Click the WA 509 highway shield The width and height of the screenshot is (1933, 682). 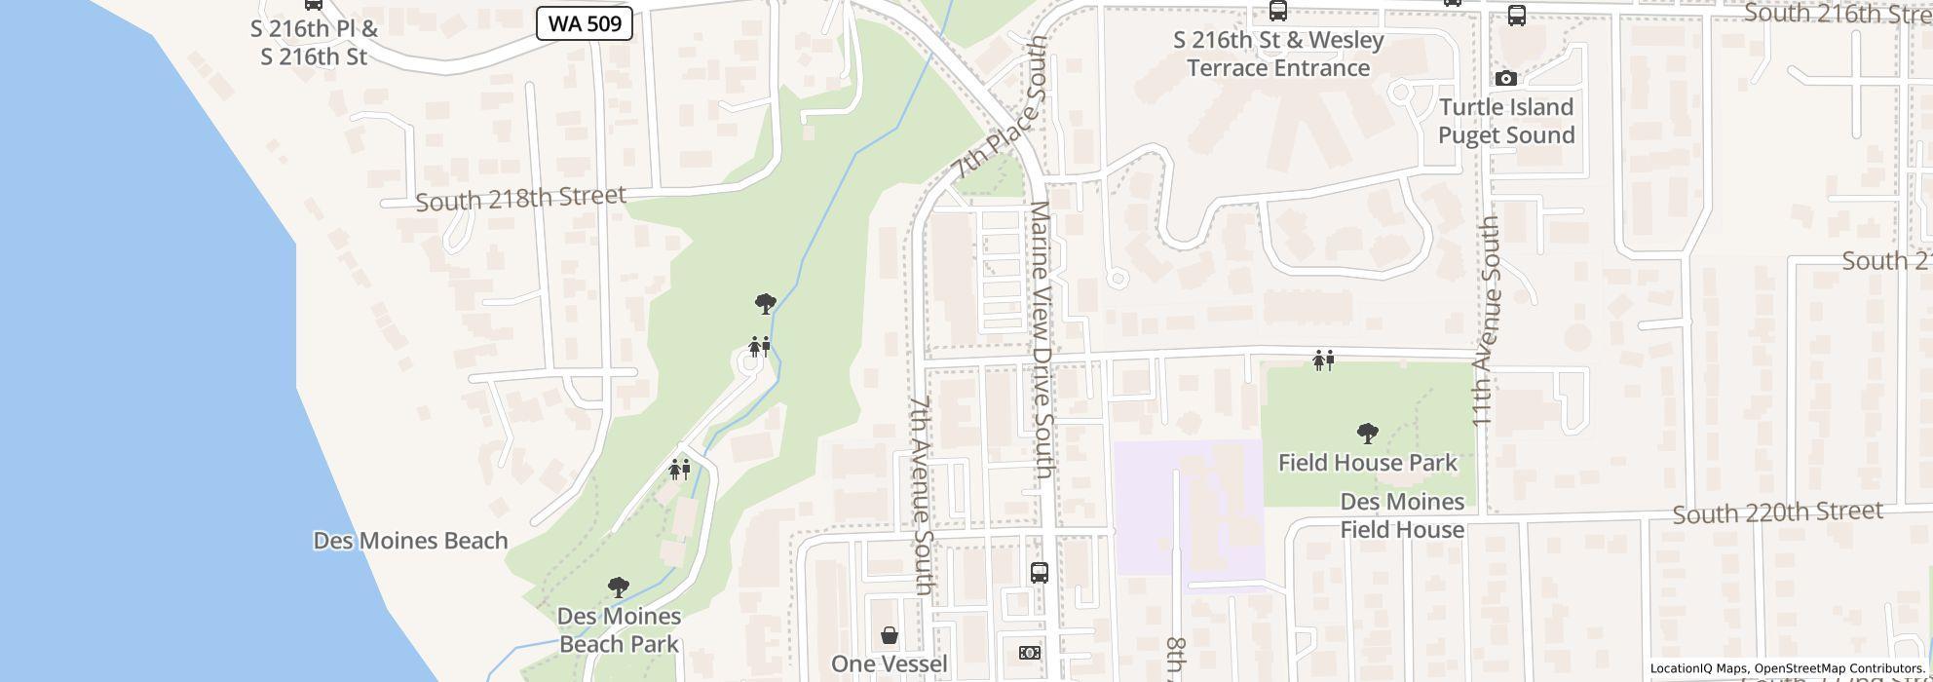(585, 24)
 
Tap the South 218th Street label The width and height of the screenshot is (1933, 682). (520, 199)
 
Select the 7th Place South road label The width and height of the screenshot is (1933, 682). (1001, 109)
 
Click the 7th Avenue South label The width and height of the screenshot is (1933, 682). (922, 494)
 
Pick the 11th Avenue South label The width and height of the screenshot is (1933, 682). (1485, 321)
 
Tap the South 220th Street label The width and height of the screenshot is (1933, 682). (1777, 512)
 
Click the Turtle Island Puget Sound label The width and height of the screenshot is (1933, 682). (1506, 121)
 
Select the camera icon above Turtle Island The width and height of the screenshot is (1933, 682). (1505, 78)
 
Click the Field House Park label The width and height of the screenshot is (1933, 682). (1367, 463)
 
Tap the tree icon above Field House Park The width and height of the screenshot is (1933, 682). (1367, 433)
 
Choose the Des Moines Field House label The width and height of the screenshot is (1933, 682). (1402, 515)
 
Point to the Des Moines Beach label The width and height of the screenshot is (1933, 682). (410, 541)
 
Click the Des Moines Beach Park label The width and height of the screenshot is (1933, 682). (619, 630)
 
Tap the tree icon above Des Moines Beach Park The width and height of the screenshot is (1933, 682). (618, 587)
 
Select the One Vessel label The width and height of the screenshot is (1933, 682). (889, 664)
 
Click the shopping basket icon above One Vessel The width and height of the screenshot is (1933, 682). (890, 636)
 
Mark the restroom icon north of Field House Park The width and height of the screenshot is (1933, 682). (1322, 360)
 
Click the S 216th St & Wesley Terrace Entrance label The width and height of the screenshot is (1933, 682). (1278, 54)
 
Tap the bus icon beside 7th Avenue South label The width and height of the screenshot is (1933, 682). (1040, 573)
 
